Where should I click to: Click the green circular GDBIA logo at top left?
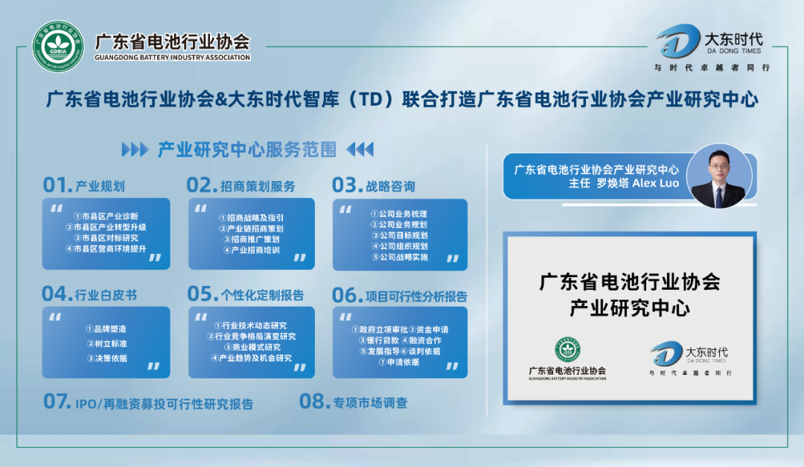[59, 47]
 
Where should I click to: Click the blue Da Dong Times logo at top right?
[677, 42]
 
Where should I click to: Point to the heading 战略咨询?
[390, 185]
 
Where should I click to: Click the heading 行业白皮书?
[106, 295]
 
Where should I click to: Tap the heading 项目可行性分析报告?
[416, 296]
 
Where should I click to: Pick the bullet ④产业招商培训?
[251, 250]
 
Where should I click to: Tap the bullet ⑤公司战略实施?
[399, 257]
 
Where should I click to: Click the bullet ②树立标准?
[106, 343]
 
